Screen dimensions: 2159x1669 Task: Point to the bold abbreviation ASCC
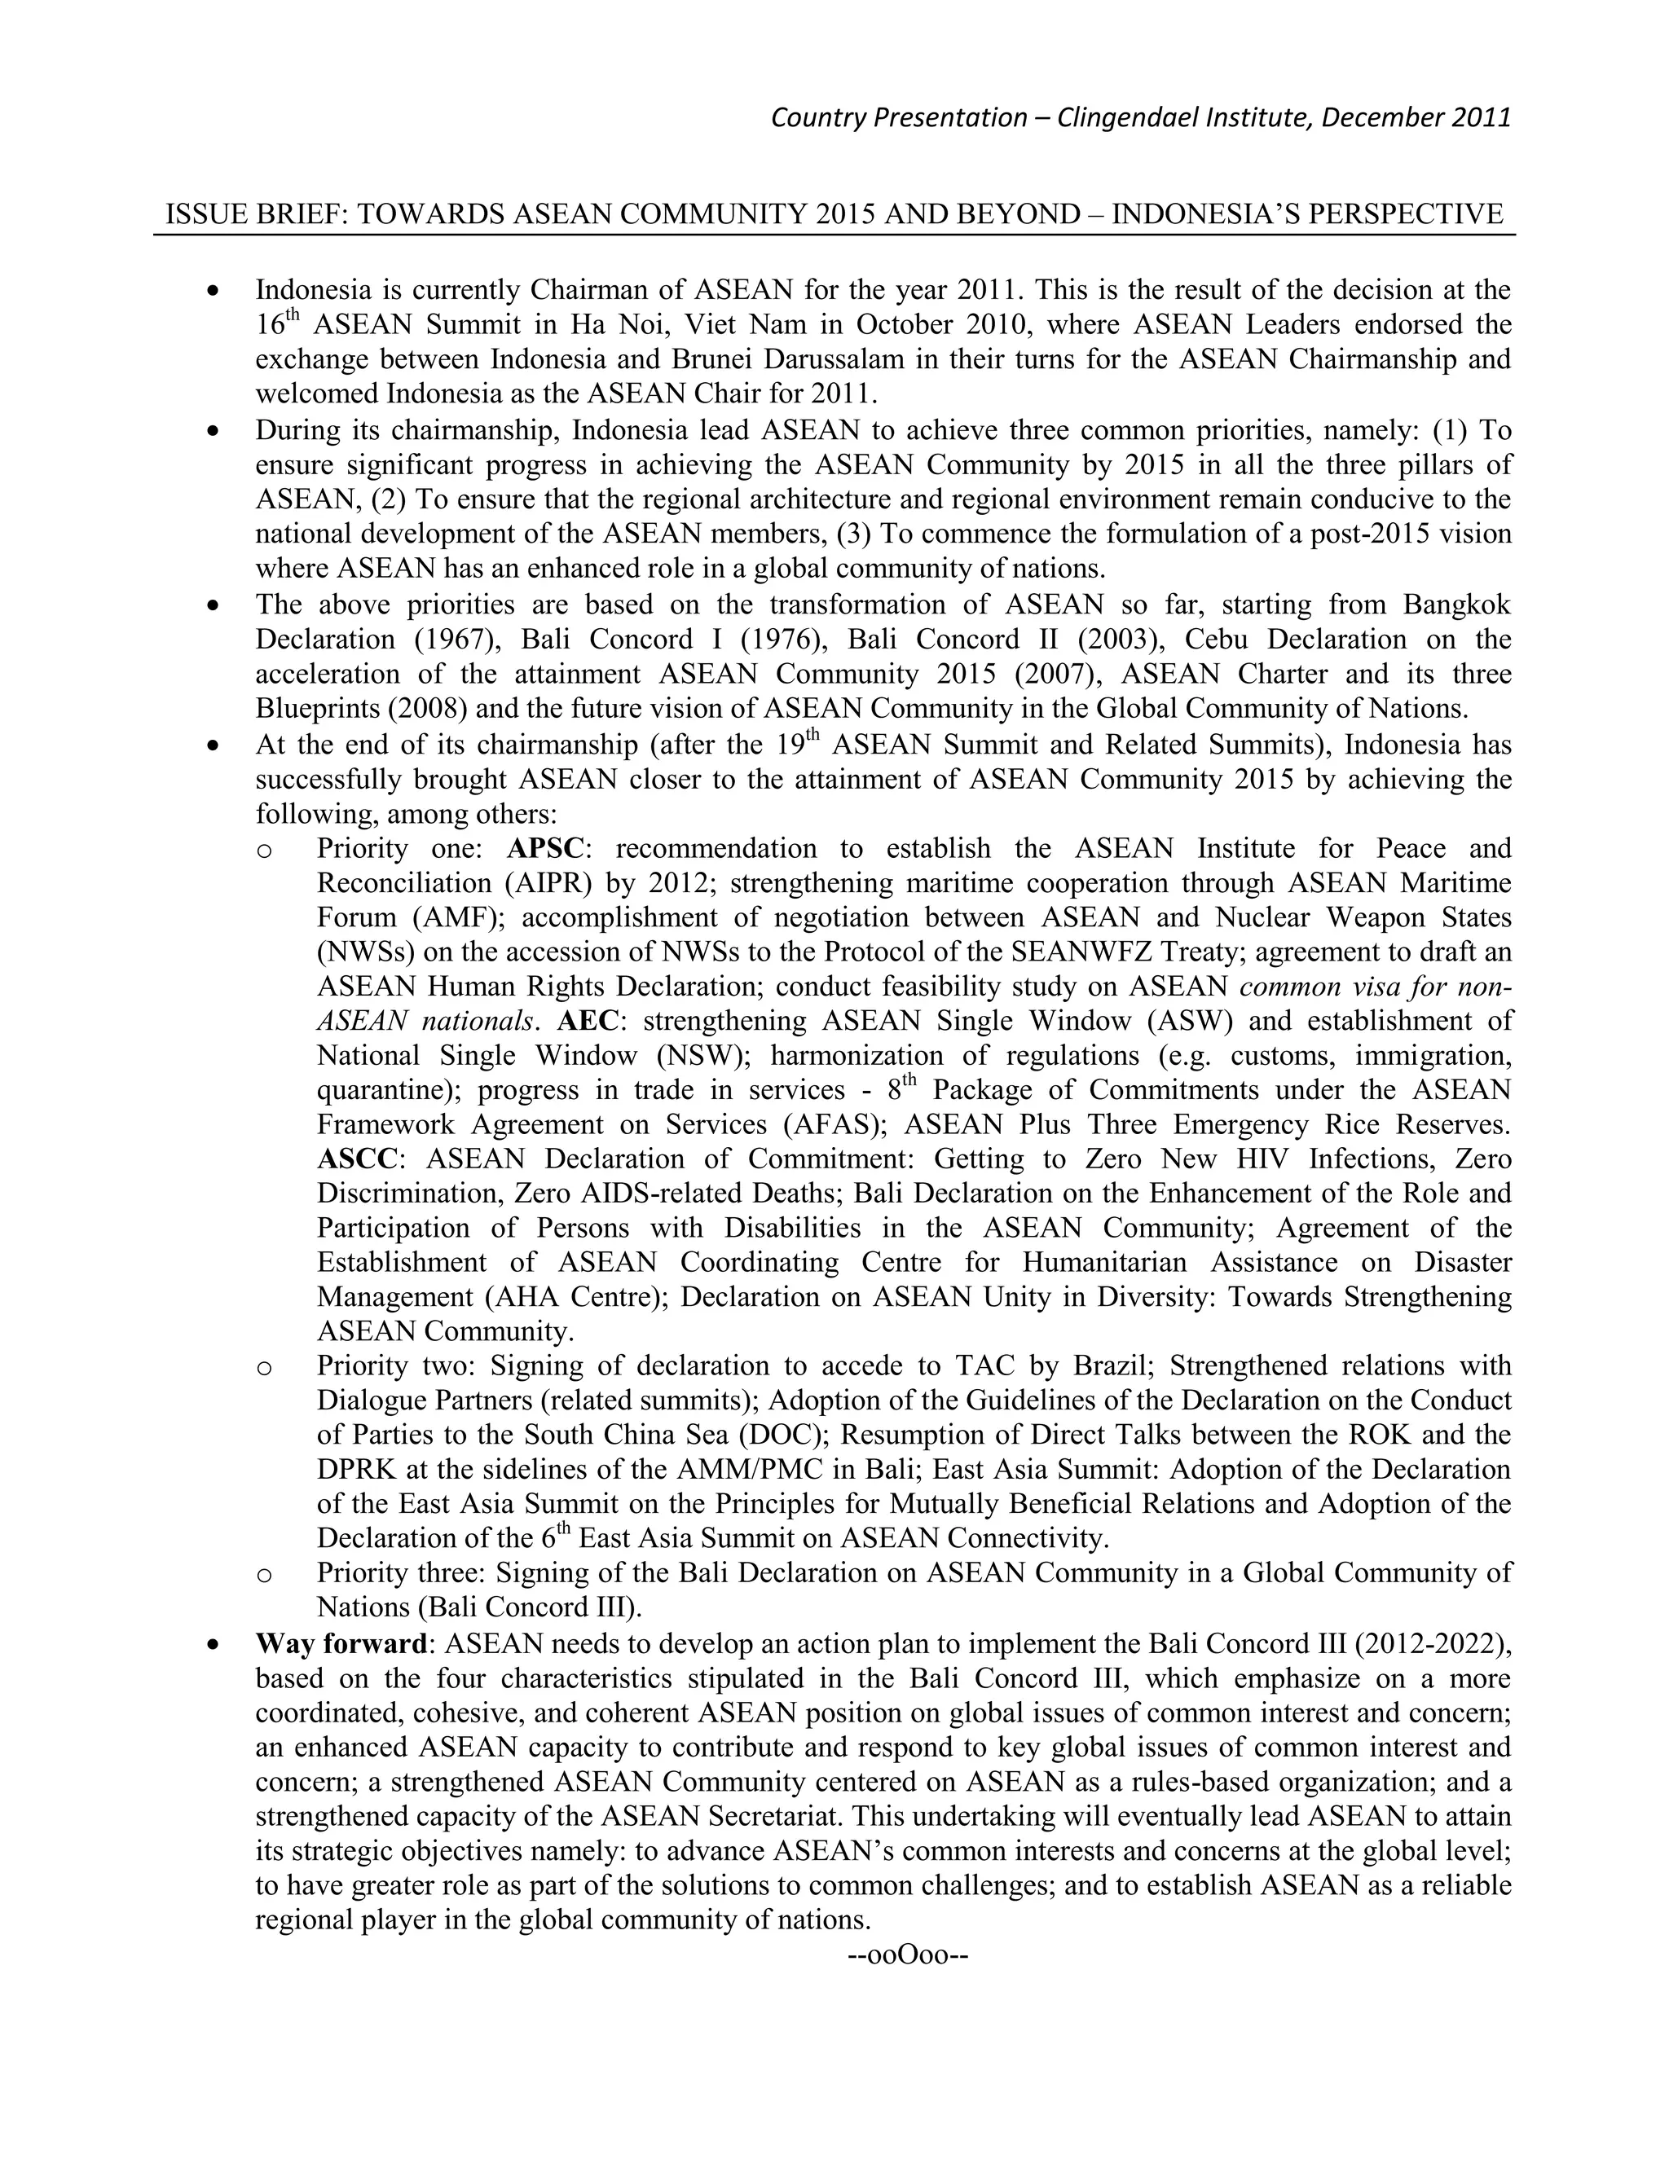click(356, 1158)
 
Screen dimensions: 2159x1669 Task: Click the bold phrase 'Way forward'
click(340, 1644)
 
